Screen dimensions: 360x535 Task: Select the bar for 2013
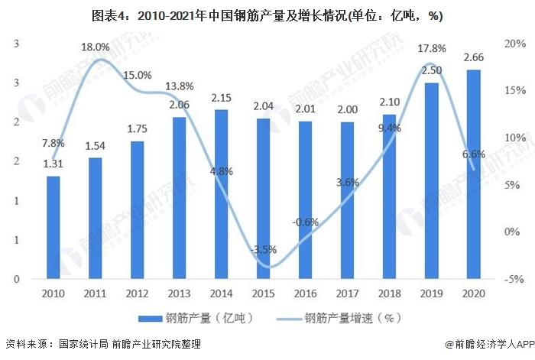point(179,198)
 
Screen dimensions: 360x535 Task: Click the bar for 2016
point(305,199)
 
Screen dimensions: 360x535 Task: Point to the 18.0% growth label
point(96,47)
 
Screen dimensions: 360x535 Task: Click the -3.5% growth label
point(264,249)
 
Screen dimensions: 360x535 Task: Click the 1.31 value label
point(53,164)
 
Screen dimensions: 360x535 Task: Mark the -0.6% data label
point(305,222)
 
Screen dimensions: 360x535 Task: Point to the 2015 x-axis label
point(264,294)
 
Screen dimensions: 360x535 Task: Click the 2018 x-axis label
point(389,294)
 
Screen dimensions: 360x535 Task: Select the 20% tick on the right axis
point(514,44)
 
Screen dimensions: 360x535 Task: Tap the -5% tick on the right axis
point(514,279)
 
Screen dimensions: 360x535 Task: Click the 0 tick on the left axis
point(16,279)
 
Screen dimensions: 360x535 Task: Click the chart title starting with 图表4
point(267,15)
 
